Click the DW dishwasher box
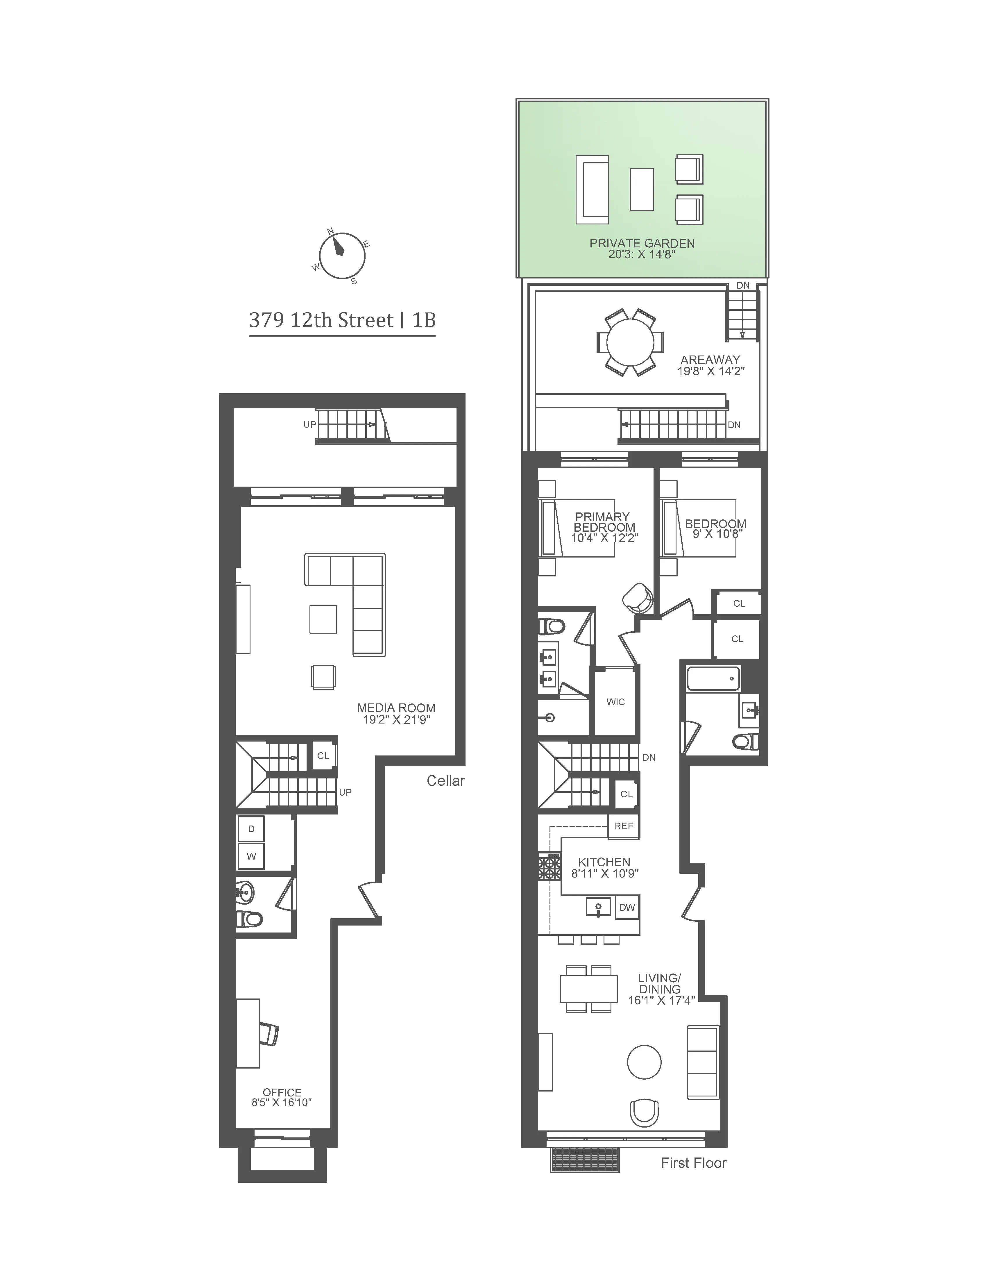(x=627, y=907)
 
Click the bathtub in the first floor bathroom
(x=713, y=678)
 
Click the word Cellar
(x=445, y=781)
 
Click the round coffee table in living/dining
(x=644, y=1062)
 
